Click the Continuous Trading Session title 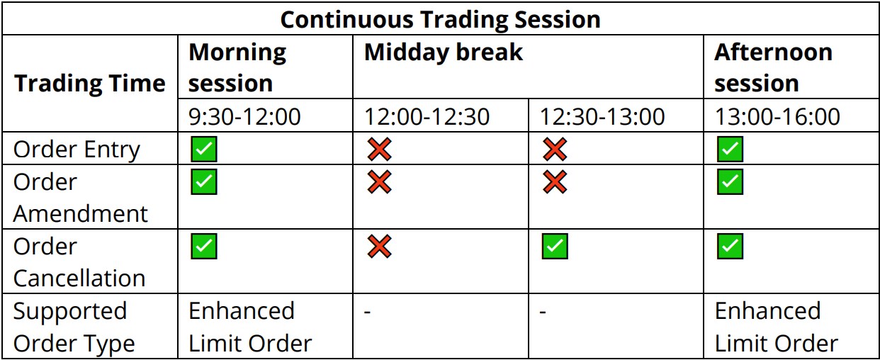[x=441, y=20]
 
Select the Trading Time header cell [x=89, y=84]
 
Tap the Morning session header [x=237, y=67]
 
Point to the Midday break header [x=444, y=52]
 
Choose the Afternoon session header [x=773, y=67]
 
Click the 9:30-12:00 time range [x=244, y=117]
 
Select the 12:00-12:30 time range [x=427, y=117]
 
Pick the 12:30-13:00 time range [x=602, y=117]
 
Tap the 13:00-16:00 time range [x=777, y=117]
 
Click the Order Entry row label [x=77, y=150]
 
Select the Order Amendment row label [x=80, y=198]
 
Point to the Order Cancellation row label [x=79, y=262]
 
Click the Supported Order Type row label [x=74, y=327]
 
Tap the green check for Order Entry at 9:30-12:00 [x=204, y=149]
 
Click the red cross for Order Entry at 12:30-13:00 [x=555, y=149]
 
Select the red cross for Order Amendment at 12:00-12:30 [x=379, y=181]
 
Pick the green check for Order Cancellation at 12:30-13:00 [x=555, y=247]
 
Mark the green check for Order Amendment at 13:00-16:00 [x=730, y=181]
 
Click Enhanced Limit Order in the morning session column [x=250, y=327]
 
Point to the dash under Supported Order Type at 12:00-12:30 [x=367, y=313]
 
